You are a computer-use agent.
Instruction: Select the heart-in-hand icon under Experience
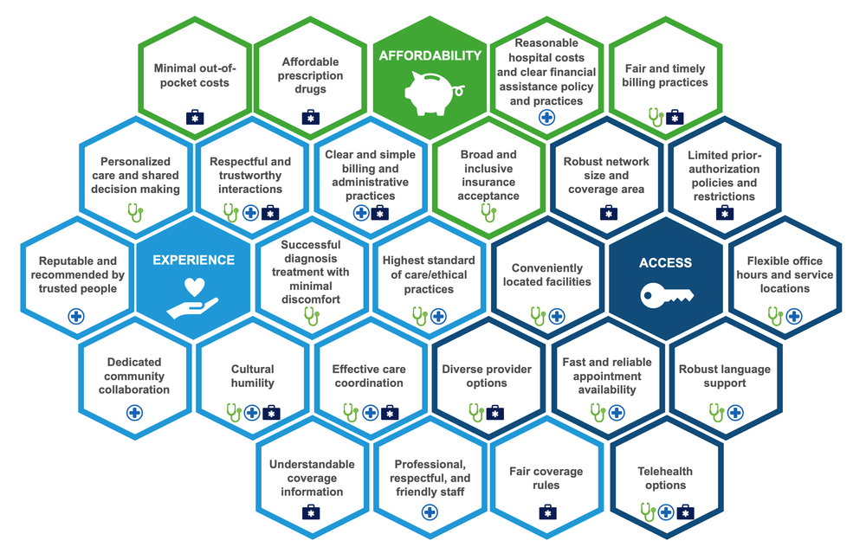point(193,297)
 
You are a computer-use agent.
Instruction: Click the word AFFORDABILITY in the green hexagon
point(430,55)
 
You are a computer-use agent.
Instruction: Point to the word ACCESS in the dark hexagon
point(665,263)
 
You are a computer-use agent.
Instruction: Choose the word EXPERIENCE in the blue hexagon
point(194,260)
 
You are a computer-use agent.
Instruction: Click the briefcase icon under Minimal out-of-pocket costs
point(194,117)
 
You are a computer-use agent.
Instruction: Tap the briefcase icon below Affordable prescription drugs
point(311,117)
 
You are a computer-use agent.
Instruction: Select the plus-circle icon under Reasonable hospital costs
point(546,117)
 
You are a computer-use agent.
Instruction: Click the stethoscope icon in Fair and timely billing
point(656,117)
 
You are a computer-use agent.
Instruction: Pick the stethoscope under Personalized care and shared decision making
point(135,212)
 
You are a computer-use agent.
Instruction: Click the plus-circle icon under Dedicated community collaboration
point(134,412)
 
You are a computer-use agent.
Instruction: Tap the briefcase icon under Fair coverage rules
point(546,512)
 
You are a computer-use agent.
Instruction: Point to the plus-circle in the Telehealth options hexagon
point(666,512)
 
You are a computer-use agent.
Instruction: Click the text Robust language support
point(724,376)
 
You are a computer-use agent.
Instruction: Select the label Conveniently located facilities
point(546,275)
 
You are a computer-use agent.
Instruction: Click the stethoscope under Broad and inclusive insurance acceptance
point(488,212)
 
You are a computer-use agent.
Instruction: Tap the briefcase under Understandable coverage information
point(311,512)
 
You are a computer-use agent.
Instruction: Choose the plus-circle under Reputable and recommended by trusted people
point(76,317)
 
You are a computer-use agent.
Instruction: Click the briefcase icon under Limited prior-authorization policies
point(723,212)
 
